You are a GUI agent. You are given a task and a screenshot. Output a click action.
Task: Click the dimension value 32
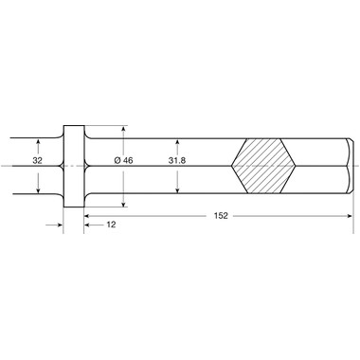37,160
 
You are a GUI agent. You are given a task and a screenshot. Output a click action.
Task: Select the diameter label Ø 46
123,160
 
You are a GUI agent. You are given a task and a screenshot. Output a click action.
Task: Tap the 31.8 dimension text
177,160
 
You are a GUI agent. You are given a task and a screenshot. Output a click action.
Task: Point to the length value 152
221,216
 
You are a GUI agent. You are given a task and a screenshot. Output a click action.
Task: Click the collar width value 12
111,225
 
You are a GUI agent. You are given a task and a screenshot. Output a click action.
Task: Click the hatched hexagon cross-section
263,166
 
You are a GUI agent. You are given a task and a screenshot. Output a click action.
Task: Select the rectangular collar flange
74,166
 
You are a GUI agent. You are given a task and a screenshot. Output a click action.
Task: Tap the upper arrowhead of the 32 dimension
38,142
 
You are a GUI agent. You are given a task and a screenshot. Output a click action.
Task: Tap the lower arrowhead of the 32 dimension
38,189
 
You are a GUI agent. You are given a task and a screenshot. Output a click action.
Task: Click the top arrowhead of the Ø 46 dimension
123,129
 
